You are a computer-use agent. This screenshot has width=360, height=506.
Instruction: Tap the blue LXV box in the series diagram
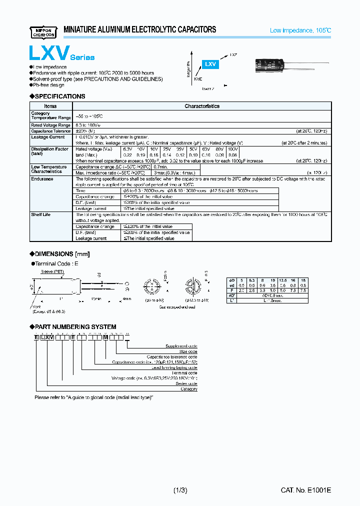pyautogui.click(x=210, y=64)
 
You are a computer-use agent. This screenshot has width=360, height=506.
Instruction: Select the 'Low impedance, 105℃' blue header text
pyautogui.click(x=300, y=30)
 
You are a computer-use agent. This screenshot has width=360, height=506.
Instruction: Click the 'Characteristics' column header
pyautogui.click(x=201, y=106)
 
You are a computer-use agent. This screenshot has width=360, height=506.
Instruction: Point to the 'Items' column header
pyautogui.click(x=50, y=106)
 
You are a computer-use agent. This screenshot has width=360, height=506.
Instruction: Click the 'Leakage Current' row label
pyautogui.click(x=48, y=137)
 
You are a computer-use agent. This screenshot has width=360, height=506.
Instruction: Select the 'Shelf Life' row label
pyautogui.click(x=40, y=214)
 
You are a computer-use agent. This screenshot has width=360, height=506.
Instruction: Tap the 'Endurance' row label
pyautogui.click(x=42, y=178)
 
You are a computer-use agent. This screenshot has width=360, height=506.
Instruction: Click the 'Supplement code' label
pyautogui.click(x=181, y=346)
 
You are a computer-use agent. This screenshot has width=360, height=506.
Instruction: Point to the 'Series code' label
pyautogui.click(x=186, y=383)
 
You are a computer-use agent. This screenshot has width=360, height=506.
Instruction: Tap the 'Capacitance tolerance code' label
pyautogui.click(x=171, y=356)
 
